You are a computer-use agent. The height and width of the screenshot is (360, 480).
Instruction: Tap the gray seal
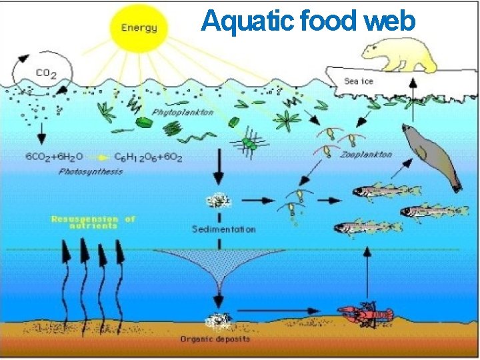point(432,155)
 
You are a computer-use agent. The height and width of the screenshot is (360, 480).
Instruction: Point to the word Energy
point(139,27)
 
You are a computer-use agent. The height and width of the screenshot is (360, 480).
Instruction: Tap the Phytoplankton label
point(183,112)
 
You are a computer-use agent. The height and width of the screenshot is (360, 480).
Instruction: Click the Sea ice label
point(358,81)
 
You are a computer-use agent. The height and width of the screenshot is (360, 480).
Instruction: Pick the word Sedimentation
point(223,229)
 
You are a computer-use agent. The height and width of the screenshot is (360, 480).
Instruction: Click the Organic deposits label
point(215,339)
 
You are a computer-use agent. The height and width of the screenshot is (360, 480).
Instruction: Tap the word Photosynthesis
point(91,171)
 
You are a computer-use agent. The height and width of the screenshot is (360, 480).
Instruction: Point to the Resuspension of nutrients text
point(93,222)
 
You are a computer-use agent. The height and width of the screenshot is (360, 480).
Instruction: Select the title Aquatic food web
point(308,21)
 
